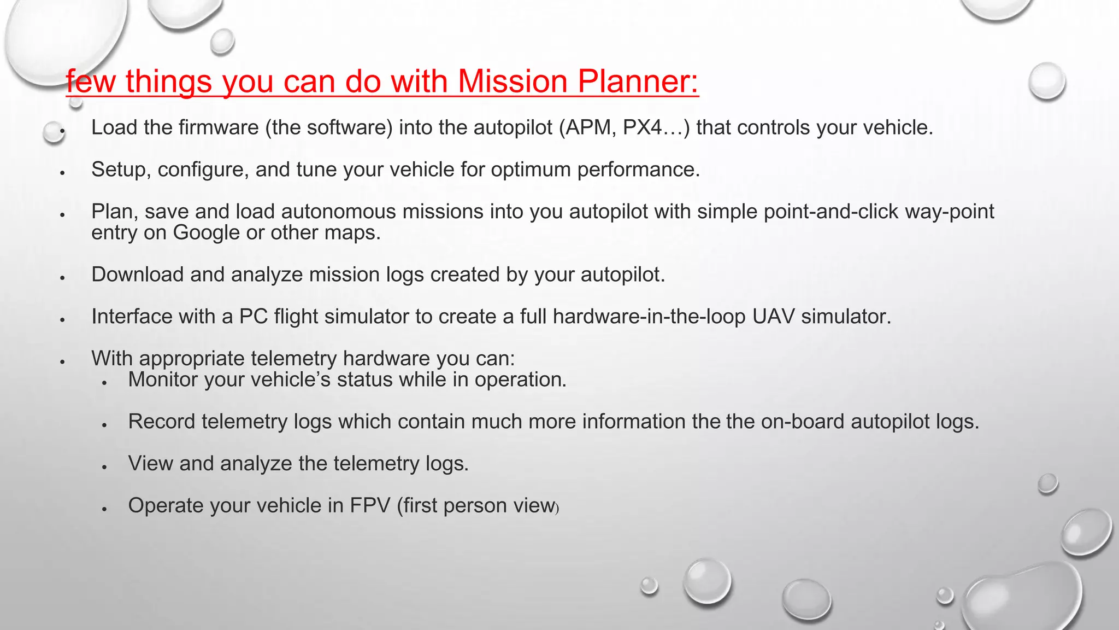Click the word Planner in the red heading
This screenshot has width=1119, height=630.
click(x=638, y=81)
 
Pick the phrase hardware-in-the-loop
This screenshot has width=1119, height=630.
click(x=649, y=317)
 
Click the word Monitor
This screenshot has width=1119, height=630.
click(x=163, y=380)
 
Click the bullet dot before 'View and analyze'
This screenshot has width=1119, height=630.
click(x=104, y=466)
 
